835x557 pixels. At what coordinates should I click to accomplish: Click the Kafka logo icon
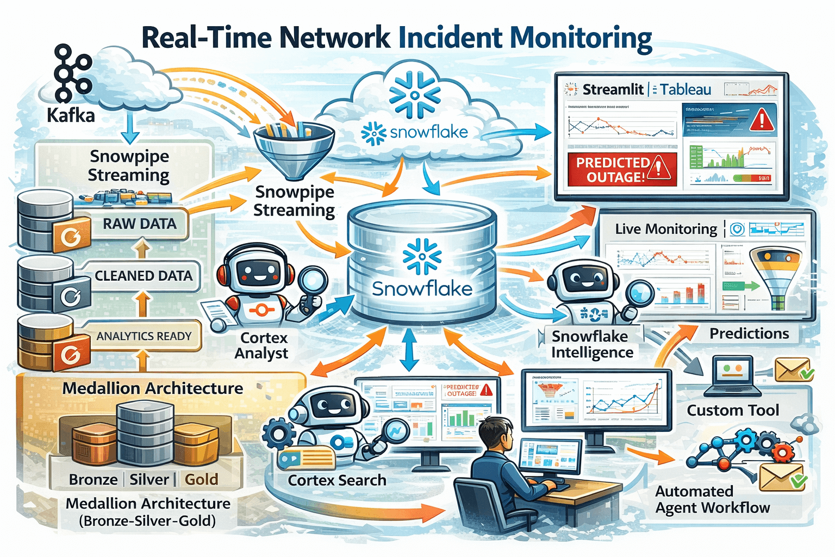point(72,73)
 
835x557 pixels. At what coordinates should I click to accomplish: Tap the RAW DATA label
point(140,224)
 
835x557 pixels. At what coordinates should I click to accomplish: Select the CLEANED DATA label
point(144,276)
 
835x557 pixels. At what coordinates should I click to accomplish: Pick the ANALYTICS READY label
point(144,336)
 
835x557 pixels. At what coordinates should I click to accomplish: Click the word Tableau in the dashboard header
point(686,90)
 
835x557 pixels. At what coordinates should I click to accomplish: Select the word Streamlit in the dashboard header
point(613,90)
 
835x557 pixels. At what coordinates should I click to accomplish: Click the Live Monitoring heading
point(666,229)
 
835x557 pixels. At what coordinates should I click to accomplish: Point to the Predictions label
point(749,333)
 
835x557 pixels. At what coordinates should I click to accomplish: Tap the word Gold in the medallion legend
point(201,479)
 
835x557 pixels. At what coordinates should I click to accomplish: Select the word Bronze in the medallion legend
point(94,479)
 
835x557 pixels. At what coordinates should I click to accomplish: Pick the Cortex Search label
point(337,480)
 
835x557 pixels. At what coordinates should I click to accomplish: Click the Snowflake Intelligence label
point(591,344)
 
